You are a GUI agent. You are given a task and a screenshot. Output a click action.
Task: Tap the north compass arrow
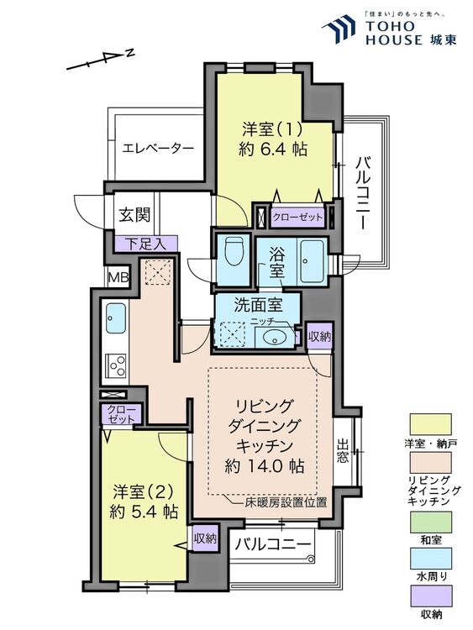tap(99, 61)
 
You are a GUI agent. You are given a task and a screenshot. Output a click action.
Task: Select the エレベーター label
tap(158, 148)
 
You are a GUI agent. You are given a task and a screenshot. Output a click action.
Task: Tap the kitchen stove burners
tap(116, 365)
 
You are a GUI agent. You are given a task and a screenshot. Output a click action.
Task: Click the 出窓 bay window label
tap(344, 452)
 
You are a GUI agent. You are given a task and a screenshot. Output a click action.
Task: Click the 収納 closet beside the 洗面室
tap(319, 335)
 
